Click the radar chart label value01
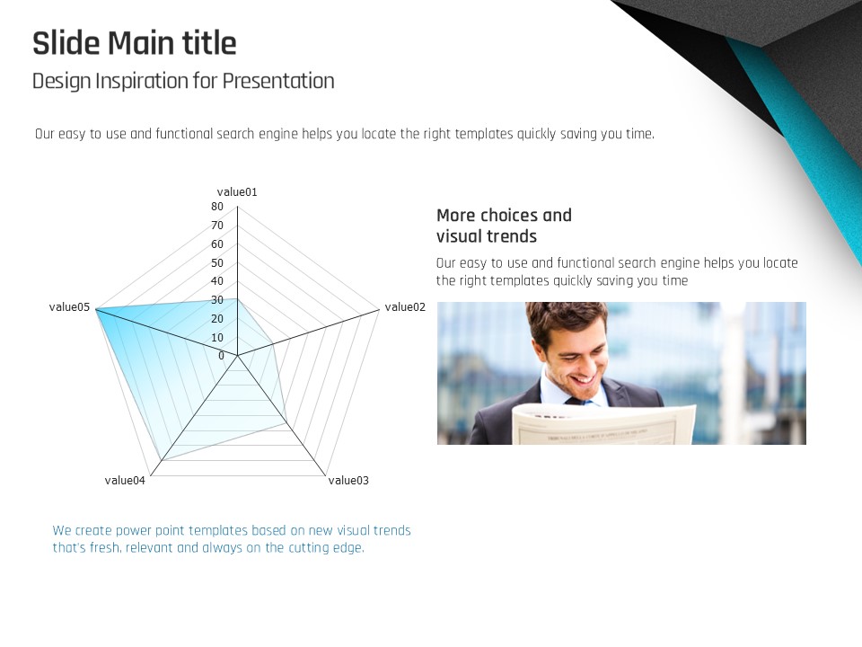[x=237, y=192]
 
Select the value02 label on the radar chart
[x=405, y=307]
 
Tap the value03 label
[x=348, y=480]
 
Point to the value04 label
[x=125, y=480]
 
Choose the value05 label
[x=69, y=307]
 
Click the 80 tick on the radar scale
[x=217, y=207]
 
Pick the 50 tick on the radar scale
[x=217, y=263]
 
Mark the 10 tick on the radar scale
[x=217, y=337]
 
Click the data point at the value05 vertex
[x=96, y=309]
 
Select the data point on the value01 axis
[x=237, y=299]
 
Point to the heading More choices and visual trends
[x=504, y=226]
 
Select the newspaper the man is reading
[x=603, y=424]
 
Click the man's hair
[x=564, y=317]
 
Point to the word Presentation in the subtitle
[x=278, y=82]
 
